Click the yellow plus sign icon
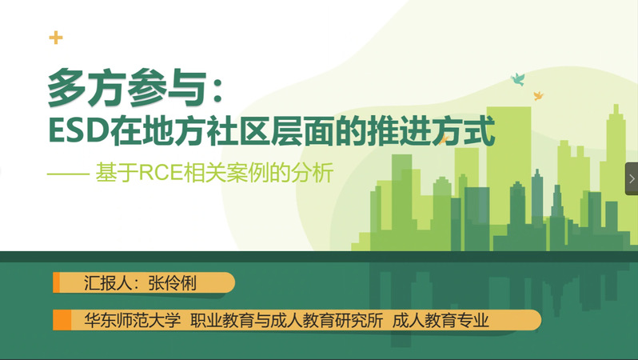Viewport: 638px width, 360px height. [56, 38]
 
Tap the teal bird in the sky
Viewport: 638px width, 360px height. [518, 79]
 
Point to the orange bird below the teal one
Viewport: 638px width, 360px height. [538, 96]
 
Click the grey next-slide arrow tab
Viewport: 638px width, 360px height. [632, 178]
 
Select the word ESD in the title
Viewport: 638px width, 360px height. [78, 130]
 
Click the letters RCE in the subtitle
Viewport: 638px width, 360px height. [161, 173]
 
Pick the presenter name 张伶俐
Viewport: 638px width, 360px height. [172, 283]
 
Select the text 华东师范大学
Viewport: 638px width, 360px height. [132, 321]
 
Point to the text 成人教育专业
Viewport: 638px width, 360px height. [441, 321]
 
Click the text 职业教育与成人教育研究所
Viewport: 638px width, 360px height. [287, 321]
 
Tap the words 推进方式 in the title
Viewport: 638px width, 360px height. [431, 130]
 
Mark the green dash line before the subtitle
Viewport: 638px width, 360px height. [69, 174]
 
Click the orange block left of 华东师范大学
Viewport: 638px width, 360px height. [62, 320]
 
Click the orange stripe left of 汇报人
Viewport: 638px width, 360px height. [56, 282]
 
